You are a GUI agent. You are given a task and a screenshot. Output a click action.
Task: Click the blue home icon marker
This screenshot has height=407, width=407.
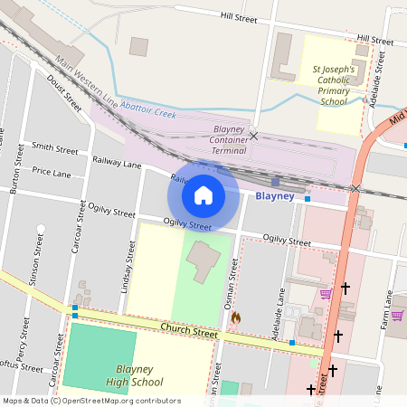[x=203, y=194]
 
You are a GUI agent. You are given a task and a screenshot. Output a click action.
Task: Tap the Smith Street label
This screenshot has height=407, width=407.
[x=54, y=147]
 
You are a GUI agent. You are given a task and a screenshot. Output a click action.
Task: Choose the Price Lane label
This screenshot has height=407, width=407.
[x=51, y=171]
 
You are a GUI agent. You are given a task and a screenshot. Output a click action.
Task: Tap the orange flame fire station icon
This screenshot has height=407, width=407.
[x=235, y=317]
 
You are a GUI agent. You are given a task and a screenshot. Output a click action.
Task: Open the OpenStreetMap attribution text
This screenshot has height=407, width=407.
[x=92, y=400]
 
